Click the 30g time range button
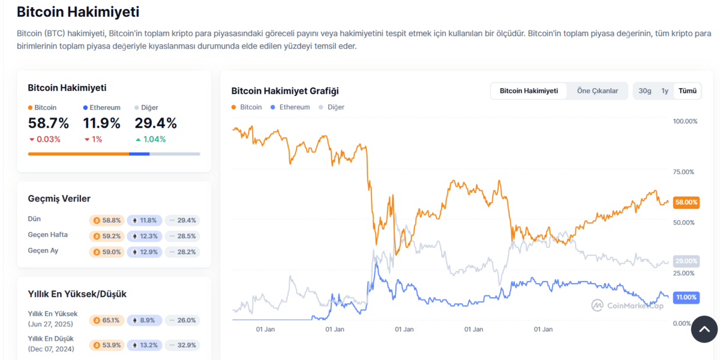(645, 91)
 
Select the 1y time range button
(665, 91)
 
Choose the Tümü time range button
(688, 91)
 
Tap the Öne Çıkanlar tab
(597, 91)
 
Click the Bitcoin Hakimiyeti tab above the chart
(529, 91)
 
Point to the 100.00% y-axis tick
(685, 121)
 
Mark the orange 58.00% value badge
(686, 203)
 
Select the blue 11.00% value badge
(686, 297)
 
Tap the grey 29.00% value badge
(686, 261)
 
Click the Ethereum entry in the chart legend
(290, 107)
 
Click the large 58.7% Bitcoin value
(49, 124)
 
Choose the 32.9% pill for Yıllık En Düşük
(183, 345)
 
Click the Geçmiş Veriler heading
(59, 199)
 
